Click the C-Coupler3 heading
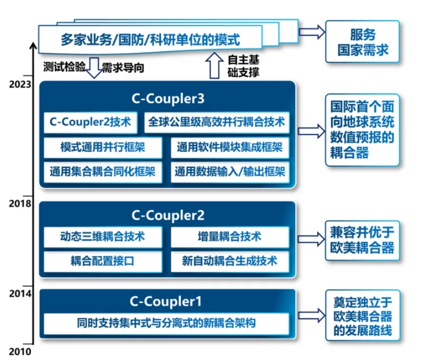(x=168, y=98)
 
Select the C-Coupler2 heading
(x=168, y=216)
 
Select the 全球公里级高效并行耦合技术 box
(x=216, y=122)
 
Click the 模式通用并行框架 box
(x=102, y=148)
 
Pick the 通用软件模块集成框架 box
(x=230, y=148)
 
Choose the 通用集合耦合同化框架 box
(x=102, y=172)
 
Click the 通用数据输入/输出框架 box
(x=230, y=172)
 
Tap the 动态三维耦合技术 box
(x=102, y=236)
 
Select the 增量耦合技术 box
(x=230, y=236)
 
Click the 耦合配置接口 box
(x=102, y=260)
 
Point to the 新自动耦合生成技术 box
(x=230, y=260)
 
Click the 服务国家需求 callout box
(x=362, y=43)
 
